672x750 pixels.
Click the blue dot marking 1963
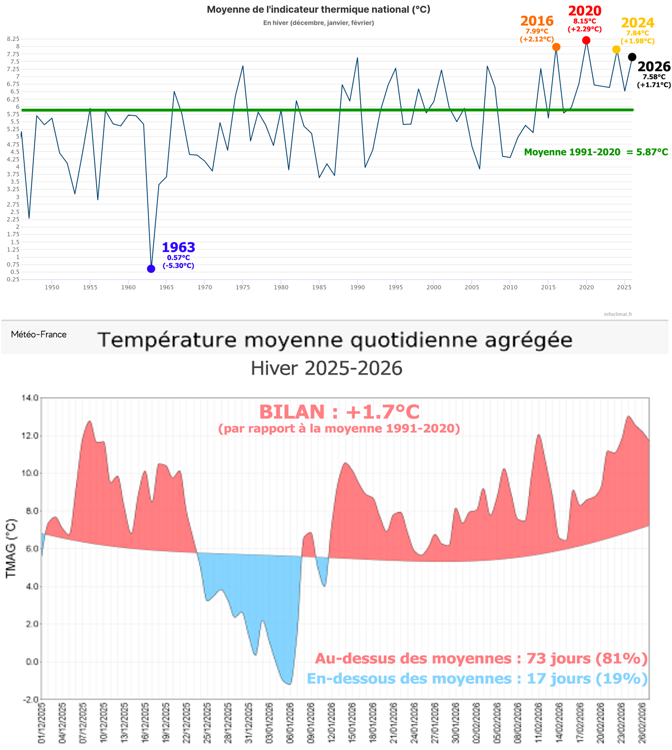click(x=151, y=268)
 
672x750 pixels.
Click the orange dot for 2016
click(x=556, y=47)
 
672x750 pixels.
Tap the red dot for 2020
click(x=586, y=40)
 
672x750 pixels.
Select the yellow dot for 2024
click(x=616, y=49)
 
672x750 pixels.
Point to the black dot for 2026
click(x=632, y=57)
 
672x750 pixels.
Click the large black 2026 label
click(x=654, y=66)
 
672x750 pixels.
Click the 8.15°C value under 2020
click(x=584, y=21)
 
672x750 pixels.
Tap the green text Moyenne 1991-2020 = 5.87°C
click(x=596, y=152)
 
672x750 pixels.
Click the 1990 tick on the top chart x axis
click(x=357, y=287)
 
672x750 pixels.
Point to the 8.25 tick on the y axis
click(x=13, y=39)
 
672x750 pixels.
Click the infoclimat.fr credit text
click(x=618, y=314)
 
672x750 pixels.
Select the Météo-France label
click(x=39, y=334)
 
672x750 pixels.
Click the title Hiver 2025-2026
click(x=326, y=368)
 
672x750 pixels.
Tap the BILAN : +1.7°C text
click(x=339, y=412)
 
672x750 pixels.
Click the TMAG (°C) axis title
click(x=11, y=548)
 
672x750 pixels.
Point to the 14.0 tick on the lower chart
click(x=30, y=398)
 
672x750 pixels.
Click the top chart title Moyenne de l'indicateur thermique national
click(x=318, y=10)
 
